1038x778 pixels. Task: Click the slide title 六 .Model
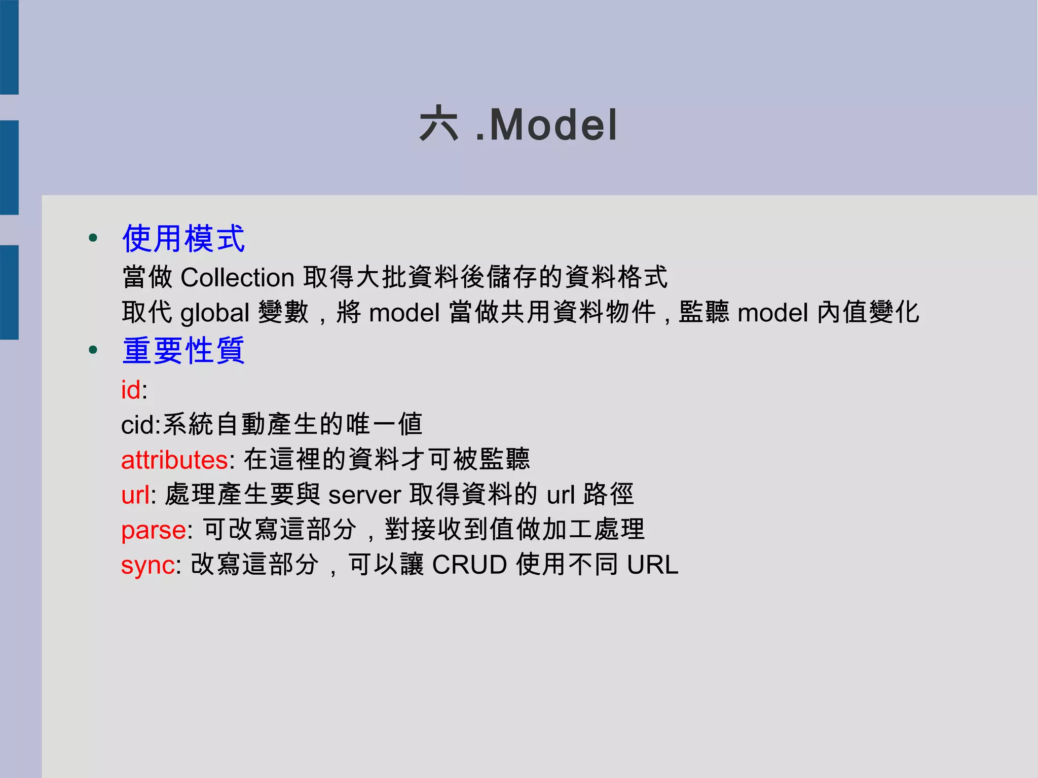tap(518, 125)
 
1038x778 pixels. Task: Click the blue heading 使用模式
tap(183, 238)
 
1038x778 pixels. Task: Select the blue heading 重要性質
tap(183, 350)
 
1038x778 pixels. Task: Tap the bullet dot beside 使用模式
tap(93, 238)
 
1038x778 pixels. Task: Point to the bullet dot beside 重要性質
tap(93, 350)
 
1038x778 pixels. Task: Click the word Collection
tap(237, 278)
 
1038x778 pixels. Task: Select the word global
tap(215, 313)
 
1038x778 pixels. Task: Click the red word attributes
tap(174, 460)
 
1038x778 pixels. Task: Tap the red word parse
tap(154, 530)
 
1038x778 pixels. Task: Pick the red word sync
tap(148, 565)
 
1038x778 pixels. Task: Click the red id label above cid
tap(131, 390)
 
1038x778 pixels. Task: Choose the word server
tap(364, 495)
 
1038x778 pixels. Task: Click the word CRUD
tap(469, 565)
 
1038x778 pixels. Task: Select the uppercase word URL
tap(652, 565)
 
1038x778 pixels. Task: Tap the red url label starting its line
tap(135, 495)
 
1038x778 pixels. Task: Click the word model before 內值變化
tap(773, 313)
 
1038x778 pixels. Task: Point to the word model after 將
tap(404, 313)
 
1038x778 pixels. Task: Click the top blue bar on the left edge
tap(9, 47)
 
